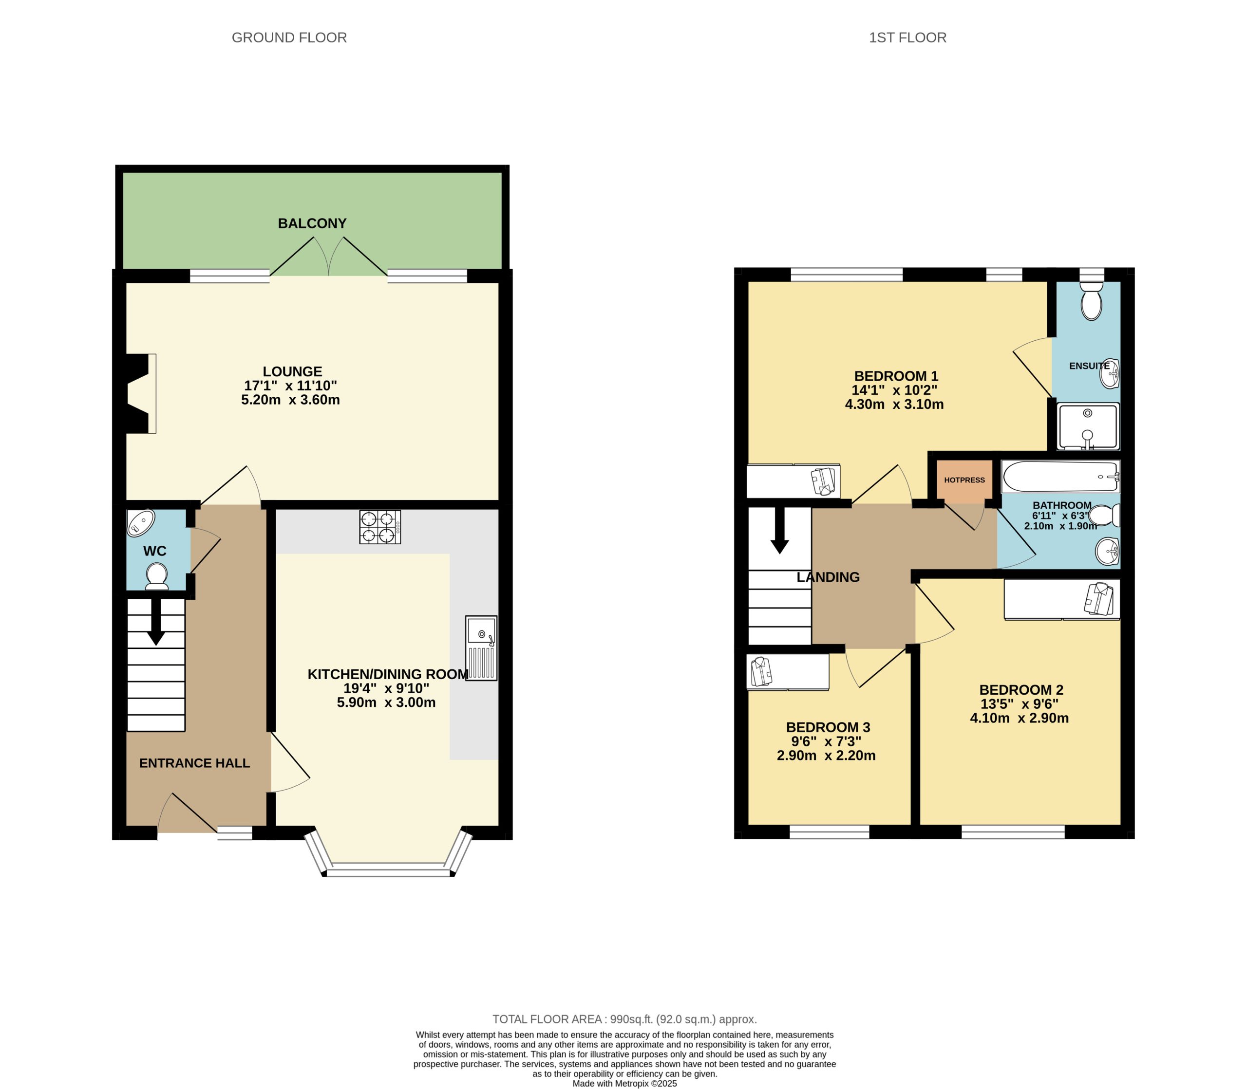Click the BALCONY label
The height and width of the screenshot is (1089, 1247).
tap(312, 223)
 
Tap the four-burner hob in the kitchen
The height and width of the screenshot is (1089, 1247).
tap(379, 527)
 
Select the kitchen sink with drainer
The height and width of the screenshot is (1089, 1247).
tap(481, 648)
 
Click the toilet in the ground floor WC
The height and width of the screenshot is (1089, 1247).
tap(157, 575)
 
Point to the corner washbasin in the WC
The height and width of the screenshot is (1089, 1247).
tap(140, 523)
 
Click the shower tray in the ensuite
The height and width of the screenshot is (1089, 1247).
tap(1088, 426)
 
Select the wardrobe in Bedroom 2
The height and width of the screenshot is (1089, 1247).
tap(1061, 600)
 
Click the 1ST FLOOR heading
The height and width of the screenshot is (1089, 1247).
tap(907, 37)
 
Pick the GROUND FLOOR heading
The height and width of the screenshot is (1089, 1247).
tap(289, 37)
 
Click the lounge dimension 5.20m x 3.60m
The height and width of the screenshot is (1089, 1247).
tap(291, 400)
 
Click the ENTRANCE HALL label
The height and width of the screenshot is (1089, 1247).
tap(194, 763)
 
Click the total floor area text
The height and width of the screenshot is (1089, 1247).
tap(624, 1019)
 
